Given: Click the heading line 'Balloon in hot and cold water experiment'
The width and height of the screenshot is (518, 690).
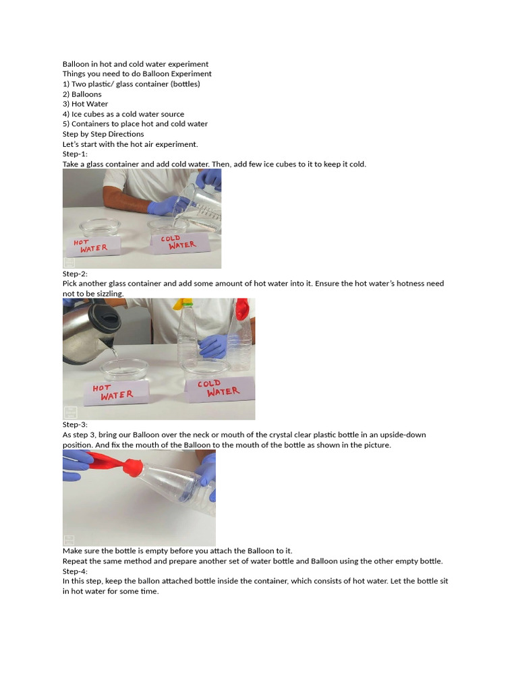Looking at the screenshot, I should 136,64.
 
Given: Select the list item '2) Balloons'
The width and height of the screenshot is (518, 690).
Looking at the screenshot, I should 82,94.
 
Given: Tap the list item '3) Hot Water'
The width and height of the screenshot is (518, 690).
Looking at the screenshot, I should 85,104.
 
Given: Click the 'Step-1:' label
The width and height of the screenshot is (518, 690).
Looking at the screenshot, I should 75,154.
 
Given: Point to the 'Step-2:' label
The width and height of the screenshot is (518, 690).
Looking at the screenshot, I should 75,274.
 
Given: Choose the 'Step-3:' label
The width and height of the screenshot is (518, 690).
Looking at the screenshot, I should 75,425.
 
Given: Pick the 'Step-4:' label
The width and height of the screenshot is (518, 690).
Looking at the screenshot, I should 75,571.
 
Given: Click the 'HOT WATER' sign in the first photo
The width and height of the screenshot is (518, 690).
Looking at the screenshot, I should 92,245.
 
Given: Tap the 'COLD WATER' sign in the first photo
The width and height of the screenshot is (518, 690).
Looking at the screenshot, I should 178,243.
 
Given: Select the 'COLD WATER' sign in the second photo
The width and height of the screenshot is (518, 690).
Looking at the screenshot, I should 218,387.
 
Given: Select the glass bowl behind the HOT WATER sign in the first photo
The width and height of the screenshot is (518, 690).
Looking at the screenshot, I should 100,227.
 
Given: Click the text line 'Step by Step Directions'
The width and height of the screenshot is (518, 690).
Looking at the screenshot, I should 103,134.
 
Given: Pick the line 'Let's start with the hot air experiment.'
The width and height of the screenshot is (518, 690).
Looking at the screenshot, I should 130,144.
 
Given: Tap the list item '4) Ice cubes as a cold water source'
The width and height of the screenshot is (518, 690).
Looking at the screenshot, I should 123,114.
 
